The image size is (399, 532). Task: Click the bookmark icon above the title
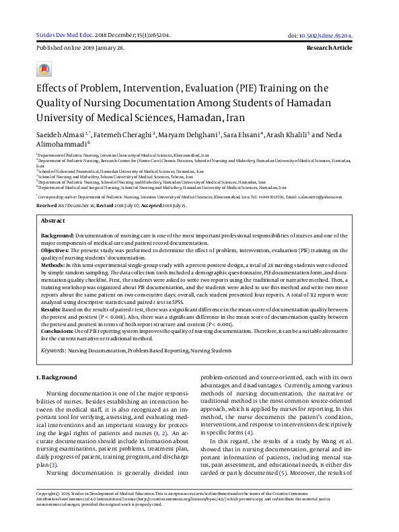[x=44, y=69]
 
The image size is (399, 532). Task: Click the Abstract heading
[x=53, y=221]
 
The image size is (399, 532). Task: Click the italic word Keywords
[x=52, y=350]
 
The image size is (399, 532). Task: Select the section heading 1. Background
[x=57, y=377]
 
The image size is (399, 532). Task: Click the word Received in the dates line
[x=47, y=204]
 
